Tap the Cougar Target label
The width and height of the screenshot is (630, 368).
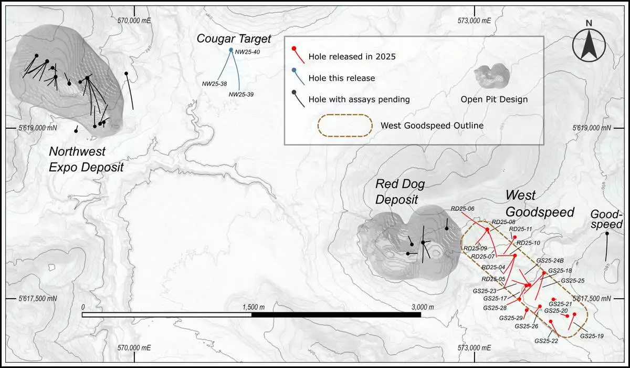(234, 38)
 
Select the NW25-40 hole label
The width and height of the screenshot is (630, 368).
(247, 52)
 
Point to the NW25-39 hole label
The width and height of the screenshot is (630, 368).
(241, 94)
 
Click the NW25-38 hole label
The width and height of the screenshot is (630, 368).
(214, 84)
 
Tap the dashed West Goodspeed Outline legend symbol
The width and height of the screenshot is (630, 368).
(343, 126)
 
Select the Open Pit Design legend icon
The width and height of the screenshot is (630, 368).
(492, 77)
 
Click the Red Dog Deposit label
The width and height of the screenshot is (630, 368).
(400, 191)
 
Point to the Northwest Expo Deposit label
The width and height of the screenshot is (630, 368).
(86, 159)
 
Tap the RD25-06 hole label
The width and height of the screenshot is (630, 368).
(463, 209)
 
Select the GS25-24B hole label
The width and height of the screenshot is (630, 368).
(550, 260)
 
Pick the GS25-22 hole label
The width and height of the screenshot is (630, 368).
(546, 341)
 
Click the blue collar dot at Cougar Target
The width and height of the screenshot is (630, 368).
(231, 50)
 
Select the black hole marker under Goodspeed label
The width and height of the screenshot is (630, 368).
(607, 233)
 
